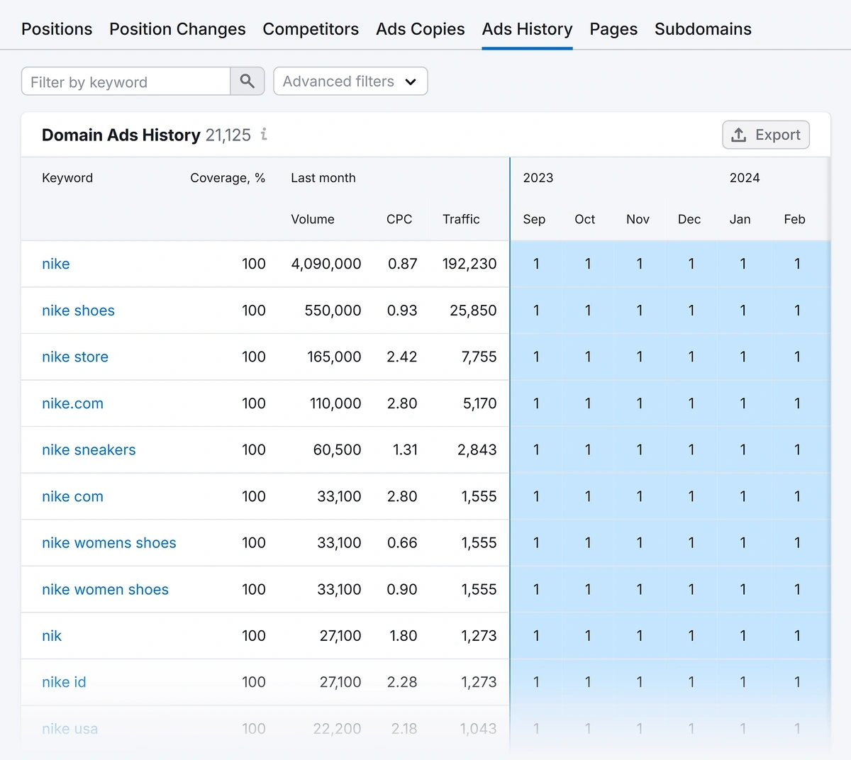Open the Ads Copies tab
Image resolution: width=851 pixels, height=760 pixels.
420,29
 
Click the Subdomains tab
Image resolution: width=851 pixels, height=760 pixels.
703,29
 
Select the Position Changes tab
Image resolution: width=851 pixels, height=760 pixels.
177,29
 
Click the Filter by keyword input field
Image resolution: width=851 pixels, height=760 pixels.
126,82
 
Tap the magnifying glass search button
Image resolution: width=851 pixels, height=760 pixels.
247,82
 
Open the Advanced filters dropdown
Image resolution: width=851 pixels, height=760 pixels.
350,82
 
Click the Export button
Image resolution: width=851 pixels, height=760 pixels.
766,135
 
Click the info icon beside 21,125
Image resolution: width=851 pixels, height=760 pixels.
264,134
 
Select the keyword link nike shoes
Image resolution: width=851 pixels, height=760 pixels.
78,311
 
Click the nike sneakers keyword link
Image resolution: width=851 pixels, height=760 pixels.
89,449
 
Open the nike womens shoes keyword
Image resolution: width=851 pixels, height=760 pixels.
109,543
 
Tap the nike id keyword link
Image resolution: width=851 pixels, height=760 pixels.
64,682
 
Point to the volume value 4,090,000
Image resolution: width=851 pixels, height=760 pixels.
326,264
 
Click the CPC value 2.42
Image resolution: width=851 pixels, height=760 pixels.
402,357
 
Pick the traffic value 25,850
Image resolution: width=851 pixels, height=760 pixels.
473,311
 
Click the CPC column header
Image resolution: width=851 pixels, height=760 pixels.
399,219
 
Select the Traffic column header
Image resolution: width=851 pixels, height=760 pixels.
461,219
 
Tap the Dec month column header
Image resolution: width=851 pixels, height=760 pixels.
689,219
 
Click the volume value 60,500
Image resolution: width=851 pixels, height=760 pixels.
337,449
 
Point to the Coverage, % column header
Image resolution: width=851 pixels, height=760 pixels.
228,178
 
